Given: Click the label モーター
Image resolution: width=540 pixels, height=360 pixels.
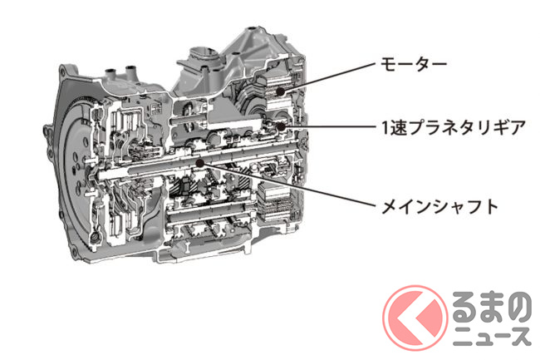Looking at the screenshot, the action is [x=413, y=64].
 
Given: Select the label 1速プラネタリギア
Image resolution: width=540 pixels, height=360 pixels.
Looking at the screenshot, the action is [x=453, y=127].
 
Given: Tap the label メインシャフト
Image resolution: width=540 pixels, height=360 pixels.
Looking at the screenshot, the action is [x=439, y=206].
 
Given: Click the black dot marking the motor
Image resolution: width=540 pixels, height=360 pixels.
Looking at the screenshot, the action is [x=280, y=91].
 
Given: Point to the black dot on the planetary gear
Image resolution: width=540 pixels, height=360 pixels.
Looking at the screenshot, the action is [x=281, y=126].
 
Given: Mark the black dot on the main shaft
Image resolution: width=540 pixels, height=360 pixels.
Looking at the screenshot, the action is [x=199, y=163].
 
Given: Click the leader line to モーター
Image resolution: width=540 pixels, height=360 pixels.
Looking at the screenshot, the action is [x=327, y=77].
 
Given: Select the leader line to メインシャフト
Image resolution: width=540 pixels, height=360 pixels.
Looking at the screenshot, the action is [x=287, y=185].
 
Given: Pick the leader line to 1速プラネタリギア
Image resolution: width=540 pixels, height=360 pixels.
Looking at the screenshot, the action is [x=328, y=126].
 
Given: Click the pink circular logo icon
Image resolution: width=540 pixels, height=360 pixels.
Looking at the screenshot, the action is [x=415, y=318].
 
